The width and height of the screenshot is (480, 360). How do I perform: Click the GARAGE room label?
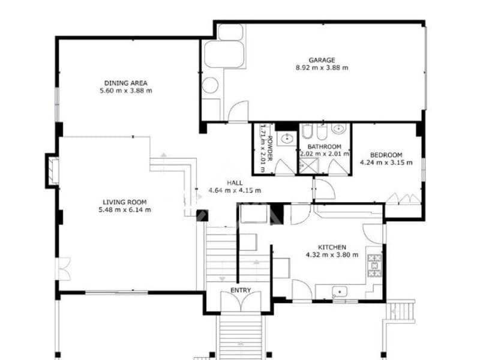pyautogui.click(x=322, y=60)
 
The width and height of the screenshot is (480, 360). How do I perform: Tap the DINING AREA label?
pyautogui.click(x=125, y=83)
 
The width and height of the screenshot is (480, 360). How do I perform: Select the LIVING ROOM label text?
pyautogui.click(x=125, y=202)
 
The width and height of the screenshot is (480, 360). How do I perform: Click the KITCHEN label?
pyautogui.click(x=332, y=247)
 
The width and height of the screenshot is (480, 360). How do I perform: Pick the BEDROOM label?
pyautogui.click(x=386, y=154)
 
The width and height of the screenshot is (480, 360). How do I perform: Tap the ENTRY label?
pyautogui.click(x=241, y=291)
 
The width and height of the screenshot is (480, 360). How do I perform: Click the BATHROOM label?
pyautogui.click(x=324, y=147)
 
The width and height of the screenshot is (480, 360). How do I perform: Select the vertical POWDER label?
pyautogui.click(x=269, y=148)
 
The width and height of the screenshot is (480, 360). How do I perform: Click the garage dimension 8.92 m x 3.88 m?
pyautogui.click(x=322, y=68)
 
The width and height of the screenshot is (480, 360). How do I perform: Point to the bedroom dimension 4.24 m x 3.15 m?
pyautogui.click(x=386, y=162)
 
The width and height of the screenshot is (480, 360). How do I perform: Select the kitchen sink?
pyautogui.click(x=340, y=292)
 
